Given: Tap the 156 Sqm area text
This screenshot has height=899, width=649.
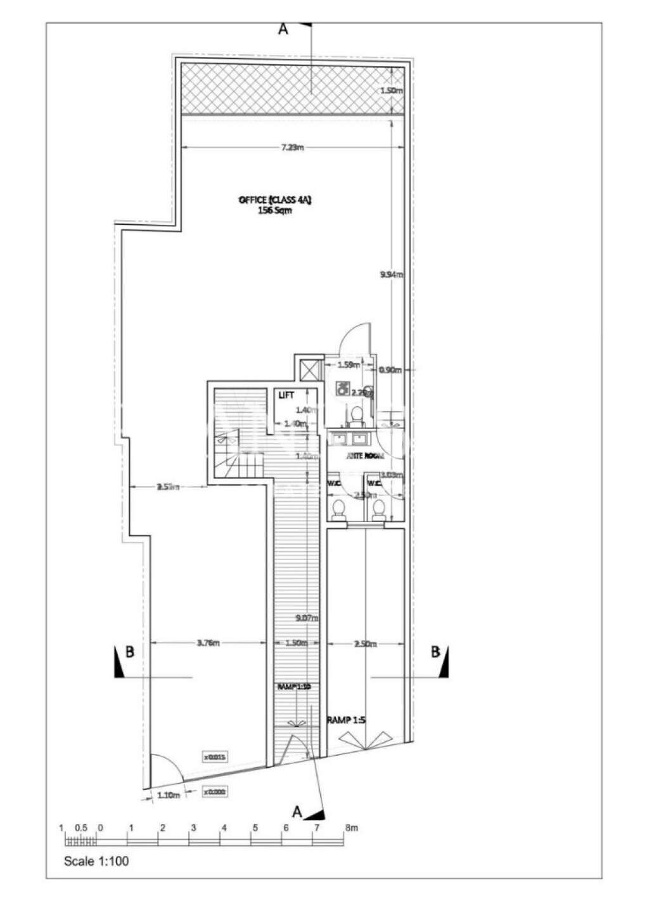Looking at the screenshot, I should click(x=274, y=211).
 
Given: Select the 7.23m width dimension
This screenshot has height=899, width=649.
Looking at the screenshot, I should click(x=292, y=148).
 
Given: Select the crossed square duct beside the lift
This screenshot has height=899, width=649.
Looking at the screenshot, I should click(x=309, y=369).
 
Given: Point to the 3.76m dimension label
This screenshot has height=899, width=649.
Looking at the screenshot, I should click(x=207, y=643).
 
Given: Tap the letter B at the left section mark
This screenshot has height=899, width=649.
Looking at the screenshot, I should click(x=129, y=653).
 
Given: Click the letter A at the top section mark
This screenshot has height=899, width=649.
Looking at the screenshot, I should click(x=283, y=30).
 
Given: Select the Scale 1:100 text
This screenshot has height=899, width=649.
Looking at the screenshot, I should click(x=98, y=862).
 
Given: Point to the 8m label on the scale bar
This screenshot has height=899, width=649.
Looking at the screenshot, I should click(x=350, y=828).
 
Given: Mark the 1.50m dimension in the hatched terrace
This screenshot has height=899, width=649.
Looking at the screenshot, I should click(x=391, y=91).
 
